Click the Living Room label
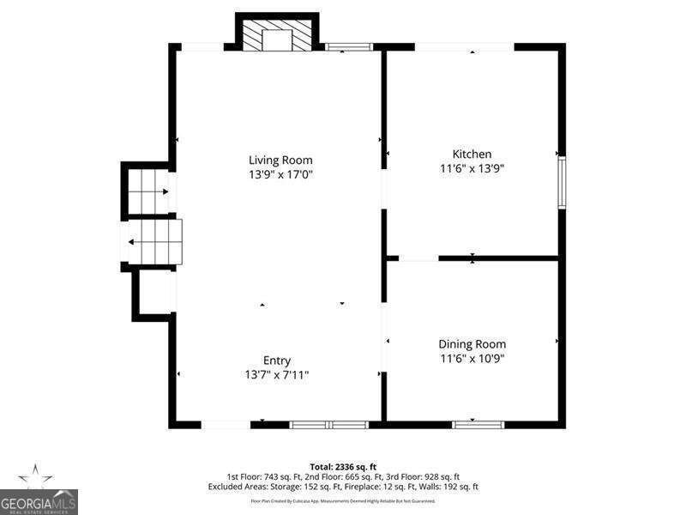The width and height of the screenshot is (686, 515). coord(280,160)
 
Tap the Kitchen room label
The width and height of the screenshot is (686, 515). coord(472,154)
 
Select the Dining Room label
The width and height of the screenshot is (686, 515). coord(472,344)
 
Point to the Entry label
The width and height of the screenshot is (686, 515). coord(277,360)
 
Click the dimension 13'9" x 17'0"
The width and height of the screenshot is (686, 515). coord(280,174)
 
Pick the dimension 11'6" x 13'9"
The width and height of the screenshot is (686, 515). coord(472,169)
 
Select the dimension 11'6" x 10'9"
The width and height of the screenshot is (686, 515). coord(472,359)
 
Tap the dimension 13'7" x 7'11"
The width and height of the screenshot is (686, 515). coord(277,375)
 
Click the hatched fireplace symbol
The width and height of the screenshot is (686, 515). coord(277,37)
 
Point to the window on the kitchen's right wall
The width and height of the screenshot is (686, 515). coord(562,182)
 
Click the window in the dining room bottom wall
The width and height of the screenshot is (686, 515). coord(478,423)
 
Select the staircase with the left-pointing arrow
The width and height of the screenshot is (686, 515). coord(154,242)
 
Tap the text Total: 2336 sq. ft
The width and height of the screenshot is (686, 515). coord(343,466)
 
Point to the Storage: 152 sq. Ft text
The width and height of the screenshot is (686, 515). coord(302,487)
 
